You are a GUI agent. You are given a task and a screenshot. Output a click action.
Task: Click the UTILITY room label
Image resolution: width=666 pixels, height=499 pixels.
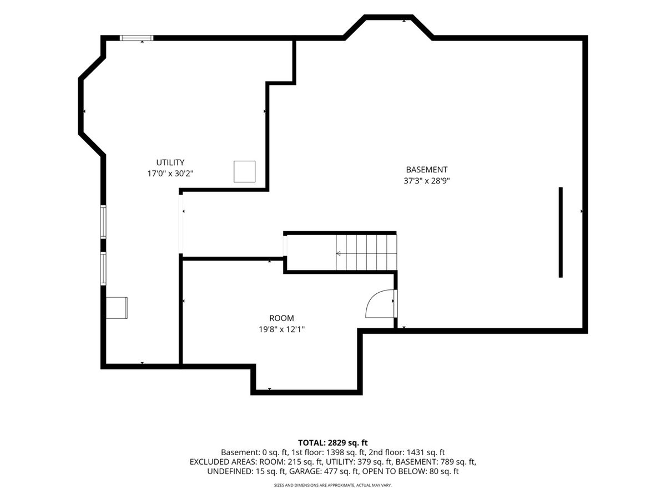pyautogui.click(x=170, y=162)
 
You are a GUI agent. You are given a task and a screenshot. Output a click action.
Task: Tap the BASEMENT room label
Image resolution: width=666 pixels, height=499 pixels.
pyautogui.click(x=427, y=170)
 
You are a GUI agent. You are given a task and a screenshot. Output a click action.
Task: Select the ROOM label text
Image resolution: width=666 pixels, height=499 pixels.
pyautogui.click(x=281, y=318)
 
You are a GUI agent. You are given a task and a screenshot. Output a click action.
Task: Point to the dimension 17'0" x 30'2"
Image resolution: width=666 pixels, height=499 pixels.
pyautogui.click(x=170, y=174)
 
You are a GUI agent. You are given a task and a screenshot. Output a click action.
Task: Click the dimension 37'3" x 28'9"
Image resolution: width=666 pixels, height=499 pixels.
pyautogui.click(x=427, y=181)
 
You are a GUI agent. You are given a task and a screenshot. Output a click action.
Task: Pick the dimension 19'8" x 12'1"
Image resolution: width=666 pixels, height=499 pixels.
pyautogui.click(x=281, y=329)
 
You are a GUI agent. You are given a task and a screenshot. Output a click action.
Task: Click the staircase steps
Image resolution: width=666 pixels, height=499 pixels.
pyautogui.click(x=366, y=253)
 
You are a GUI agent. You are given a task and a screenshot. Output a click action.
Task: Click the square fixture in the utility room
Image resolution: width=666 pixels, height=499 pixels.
pyautogui.click(x=244, y=171)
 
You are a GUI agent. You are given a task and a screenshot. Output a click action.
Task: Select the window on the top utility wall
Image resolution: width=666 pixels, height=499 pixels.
pyautogui.click(x=137, y=38)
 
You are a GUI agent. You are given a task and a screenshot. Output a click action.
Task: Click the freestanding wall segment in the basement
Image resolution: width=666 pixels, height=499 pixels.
pyautogui.click(x=561, y=232)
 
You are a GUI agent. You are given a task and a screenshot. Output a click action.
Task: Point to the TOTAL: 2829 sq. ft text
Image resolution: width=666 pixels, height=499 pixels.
pyautogui.click(x=333, y=443)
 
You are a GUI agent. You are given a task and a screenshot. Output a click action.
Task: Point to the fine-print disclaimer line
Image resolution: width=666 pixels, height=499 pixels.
pyautogui.click(x=333, y=486)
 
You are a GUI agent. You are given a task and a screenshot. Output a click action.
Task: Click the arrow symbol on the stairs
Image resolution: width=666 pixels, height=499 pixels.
pyautogui.click(x=339, y=253)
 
